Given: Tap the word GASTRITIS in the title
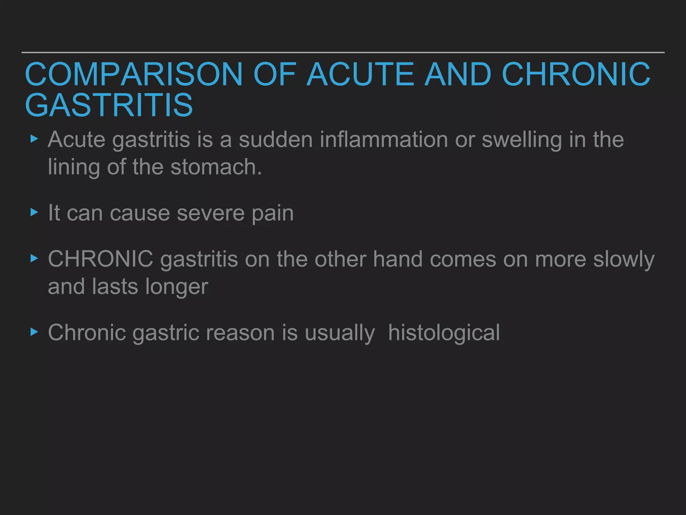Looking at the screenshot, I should pyautogui.click(x=109, y=105).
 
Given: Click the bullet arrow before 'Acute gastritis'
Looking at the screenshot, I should pyautogui.click(x=34, y=139).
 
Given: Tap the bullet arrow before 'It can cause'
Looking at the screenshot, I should pyautogui.click(x=34, y=212).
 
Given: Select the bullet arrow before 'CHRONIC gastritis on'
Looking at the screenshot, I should pyautogui.click(x=34, y=259).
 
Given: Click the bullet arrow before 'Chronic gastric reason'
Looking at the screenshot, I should pyautogui.click(x=34, y=332).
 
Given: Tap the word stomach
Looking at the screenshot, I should pyautogui.click(x=216, y=167).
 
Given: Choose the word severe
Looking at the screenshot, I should pyautogui.click(x=211, y=213).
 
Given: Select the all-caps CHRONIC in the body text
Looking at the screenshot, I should pyautogui.click(x=100, y=259).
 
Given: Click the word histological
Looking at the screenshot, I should pyautogui.click(x=444, y=333).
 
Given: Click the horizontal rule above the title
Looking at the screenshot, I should pyautogui.click(x=343, y=53).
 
